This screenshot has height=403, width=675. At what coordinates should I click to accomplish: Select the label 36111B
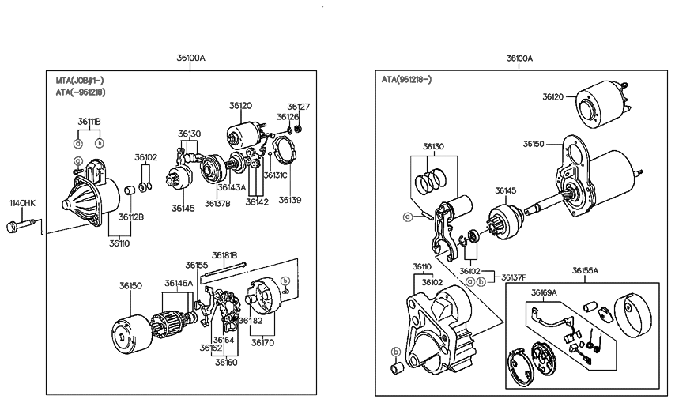click(x=89, y=121)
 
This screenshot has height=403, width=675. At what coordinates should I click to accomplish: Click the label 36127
click(x=299, y=106)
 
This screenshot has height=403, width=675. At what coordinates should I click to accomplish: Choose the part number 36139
click(x=290, y=200)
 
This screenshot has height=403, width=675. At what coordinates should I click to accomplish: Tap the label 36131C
click(x=275, y=175)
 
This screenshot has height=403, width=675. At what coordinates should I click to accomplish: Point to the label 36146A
click(x=178, y=282)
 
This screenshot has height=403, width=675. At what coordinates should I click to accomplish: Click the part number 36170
click(x=263, y=342)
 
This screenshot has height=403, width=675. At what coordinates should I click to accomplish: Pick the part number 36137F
click(x=514, y=277)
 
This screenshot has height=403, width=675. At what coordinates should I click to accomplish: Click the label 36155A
click(x=584, y=270)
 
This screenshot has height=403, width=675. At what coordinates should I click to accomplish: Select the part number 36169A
click(x=544, y=292)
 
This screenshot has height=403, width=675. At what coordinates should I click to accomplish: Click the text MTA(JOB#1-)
click(x=79, y=81)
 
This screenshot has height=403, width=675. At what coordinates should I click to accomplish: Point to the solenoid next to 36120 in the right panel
click(x=605, y=105)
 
